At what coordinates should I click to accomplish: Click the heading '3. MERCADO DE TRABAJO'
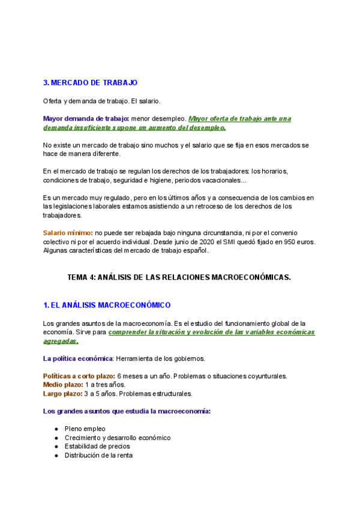[x=90, y=82]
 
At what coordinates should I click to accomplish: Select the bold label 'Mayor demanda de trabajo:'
[x=85, y=118]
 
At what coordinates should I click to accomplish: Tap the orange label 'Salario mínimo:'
[x=67, y=232]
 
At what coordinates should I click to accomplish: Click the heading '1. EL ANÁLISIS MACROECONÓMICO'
[x=107, y=306]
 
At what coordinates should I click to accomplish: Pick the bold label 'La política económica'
[x=78, y=358]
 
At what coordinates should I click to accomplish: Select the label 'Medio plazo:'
[x=62, y=385]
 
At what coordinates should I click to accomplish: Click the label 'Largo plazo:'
[x=63, y=394]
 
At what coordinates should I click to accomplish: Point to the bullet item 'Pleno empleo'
[x=85, y=429]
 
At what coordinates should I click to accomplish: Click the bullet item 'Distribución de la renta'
[x=98, y=456]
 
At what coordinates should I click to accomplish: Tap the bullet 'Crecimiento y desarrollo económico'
[x=118, y=438]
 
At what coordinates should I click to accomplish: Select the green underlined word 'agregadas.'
[x=60, y=341]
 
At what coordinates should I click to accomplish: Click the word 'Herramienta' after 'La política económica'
[x=134, y=358]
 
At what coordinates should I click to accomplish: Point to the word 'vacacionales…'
[x=224, y=180]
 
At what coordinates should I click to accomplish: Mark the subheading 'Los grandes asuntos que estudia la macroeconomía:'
[x=127, y=411]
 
